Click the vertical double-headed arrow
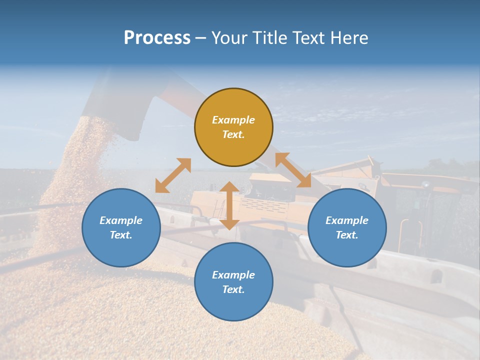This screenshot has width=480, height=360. point(229,205)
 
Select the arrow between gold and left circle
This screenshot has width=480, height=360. point(173,175)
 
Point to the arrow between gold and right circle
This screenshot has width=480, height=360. point(293,170)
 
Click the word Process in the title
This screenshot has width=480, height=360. point(157,38)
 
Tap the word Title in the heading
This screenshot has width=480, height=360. point(269,38)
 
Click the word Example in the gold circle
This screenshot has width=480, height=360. point(233,120)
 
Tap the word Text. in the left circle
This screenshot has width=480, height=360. point(121,235)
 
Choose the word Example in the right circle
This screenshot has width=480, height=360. point(347,220)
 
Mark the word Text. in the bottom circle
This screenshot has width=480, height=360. point(233,289)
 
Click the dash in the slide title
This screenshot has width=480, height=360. point(200,38)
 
